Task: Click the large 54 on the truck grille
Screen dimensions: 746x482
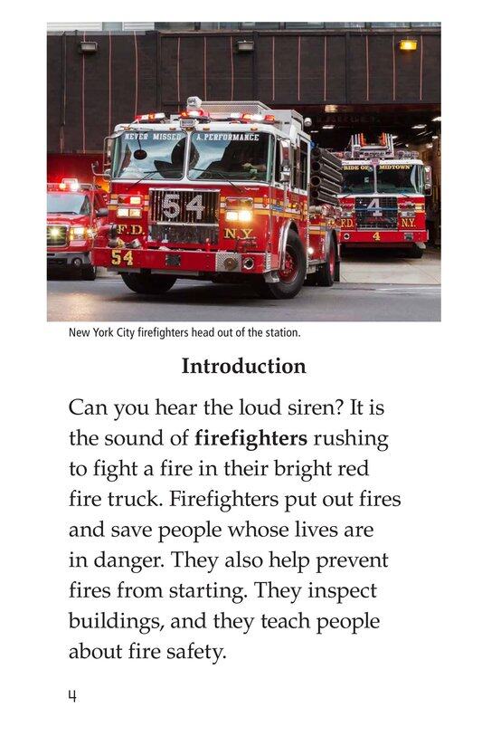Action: (x=183, y=206)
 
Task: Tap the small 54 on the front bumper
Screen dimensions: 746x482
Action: (x=122, y=257)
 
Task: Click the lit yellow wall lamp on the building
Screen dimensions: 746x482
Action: (x=409, y=43)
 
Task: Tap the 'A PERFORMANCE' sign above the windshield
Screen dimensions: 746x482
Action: (x=226, y=137)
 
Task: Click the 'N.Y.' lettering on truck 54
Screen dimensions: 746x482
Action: (x=239, y=234)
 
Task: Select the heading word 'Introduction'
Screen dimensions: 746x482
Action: (x=243, y=367)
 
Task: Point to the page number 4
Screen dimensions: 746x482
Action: (x=71, y=695)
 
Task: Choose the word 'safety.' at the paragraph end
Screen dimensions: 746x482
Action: (x=193, y=652)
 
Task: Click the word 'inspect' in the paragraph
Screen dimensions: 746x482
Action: (x=341, y=590)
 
